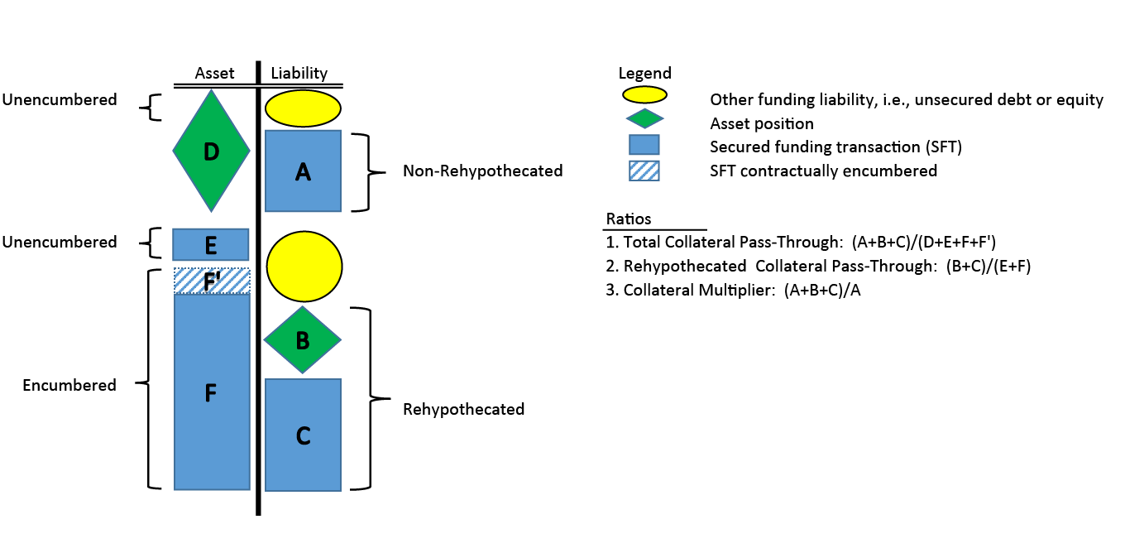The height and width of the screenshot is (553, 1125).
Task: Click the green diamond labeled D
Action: (x=211, y=151)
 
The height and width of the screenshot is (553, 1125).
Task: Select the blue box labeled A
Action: (x=303, y=171)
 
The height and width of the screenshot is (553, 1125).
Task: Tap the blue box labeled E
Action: (x=211, y=244)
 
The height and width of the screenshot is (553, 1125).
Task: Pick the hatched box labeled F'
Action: (x=211, y=281)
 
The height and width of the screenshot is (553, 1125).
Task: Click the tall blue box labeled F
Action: (x=211, y=392)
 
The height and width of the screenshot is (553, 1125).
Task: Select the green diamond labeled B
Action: (x=303, y=339)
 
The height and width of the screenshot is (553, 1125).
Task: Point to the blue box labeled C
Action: (x=303, y=435)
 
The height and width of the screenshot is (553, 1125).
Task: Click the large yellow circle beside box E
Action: (x=303, y=265)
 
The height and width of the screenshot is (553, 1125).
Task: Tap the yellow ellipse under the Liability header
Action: (x=303, y=108)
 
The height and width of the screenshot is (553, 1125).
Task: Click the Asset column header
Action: (x=214, y=74)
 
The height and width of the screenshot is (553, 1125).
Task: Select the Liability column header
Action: (x=299, y=74)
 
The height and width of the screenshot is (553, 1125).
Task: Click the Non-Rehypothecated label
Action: (x=482, y=171)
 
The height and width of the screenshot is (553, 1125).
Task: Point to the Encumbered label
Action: (x=69, y=385)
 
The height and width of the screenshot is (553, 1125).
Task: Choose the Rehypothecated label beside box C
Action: (x=463, y=409)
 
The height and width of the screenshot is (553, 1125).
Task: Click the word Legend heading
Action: (x=644, y=74)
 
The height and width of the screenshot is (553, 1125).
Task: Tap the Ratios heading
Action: (x=629, y=219)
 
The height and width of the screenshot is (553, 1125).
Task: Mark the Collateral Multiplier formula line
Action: (x=733, y=291)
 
